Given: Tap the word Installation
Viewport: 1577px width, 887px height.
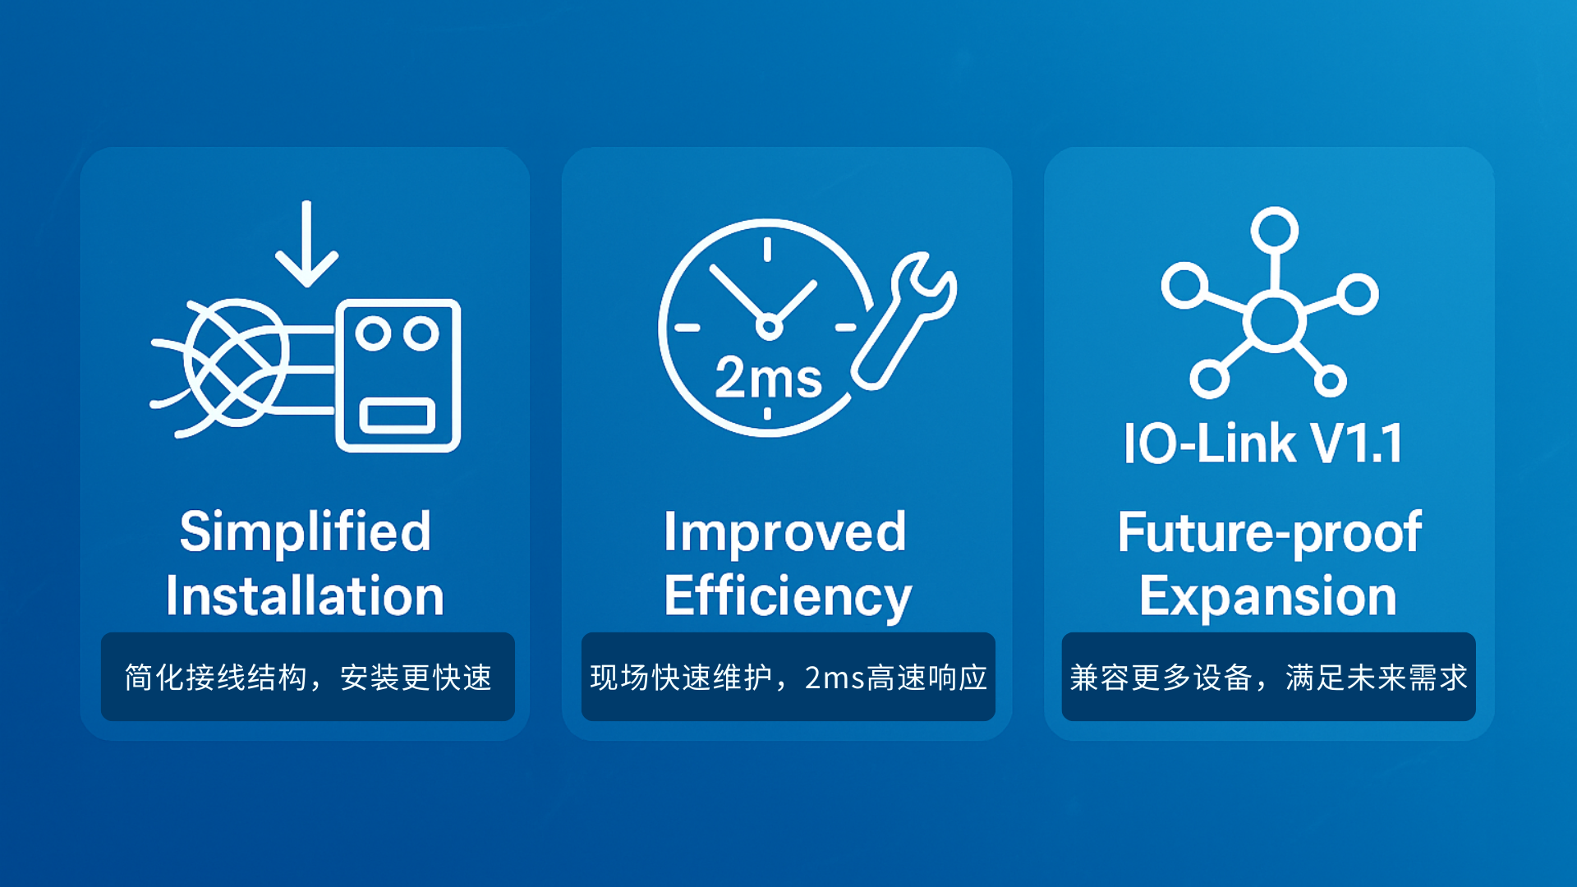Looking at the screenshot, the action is pos(305,595).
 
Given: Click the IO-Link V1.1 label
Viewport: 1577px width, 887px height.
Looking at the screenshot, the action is pos(1263,443).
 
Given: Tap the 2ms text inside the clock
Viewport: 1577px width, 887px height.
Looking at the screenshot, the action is pos(768,378).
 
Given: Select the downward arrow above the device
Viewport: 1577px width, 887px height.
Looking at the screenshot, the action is pos(306,243).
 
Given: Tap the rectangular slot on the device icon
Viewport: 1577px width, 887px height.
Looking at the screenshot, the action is pos(398,415).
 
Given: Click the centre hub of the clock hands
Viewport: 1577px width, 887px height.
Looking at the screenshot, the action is pos(769,327).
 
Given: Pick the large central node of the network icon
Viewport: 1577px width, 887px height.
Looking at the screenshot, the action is pos(1274,321).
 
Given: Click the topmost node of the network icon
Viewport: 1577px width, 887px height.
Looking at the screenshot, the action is pos(1274,230).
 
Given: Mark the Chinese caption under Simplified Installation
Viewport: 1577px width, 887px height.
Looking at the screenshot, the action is pos(308,678).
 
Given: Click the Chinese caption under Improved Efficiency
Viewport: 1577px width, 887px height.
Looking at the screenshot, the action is pos(788,678).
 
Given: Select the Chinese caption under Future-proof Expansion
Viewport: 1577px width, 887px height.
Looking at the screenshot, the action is pos(1268,678).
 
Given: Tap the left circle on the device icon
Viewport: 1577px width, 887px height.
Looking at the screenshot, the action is pos(373,333).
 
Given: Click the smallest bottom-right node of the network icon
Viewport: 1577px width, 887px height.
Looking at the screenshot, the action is pos(1330,380).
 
